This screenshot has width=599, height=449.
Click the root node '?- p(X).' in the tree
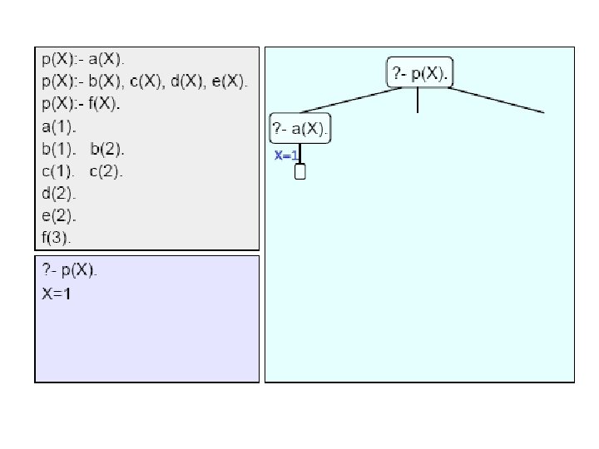[x=420, y=74]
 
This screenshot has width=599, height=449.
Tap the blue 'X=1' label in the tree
[x=286, y=155]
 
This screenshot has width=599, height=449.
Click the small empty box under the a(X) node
[x=300, y=172]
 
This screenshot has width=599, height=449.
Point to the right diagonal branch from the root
[x=499, y=101]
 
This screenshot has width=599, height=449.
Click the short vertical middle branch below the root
[x=418, y=101]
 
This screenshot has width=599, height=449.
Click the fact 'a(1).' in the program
[x=57, y=127]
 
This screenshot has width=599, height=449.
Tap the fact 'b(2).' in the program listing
[x=106, y=150]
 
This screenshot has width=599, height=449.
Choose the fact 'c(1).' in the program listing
[x=57, y=171]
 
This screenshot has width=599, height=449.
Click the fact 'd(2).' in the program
[x=57, y=194]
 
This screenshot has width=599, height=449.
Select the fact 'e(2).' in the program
[x=57, y=215]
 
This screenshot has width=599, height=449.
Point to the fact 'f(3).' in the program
[x=56, y=237]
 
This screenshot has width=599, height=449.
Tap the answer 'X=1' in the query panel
[x=56, y=293]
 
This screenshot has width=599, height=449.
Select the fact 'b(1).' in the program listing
[x=57, y=150]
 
